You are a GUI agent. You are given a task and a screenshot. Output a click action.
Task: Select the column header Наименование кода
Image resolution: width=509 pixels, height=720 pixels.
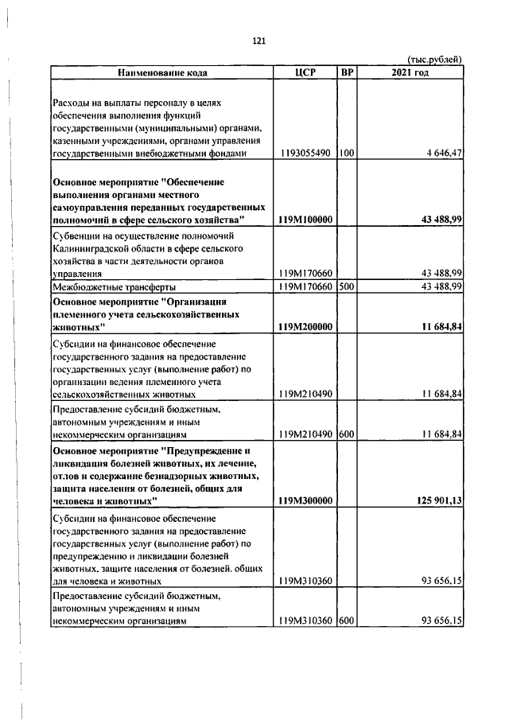(x=162, y=72)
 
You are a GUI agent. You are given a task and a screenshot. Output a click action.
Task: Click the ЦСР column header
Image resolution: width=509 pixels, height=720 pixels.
(x=305, y=72)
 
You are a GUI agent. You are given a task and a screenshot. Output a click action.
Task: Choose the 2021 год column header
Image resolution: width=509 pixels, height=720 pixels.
(x=410, y=72)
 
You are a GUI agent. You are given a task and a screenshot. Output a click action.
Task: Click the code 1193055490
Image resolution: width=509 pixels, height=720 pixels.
(x=306, y=153)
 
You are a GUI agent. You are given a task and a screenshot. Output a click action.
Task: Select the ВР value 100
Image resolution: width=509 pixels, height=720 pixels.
(x=346, y=153)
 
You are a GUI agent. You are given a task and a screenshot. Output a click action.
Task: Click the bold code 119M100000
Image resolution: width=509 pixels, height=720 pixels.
(x=306, y=219)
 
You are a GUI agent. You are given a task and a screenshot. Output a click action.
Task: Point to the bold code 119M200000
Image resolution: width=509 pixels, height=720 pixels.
(x=306, y=327)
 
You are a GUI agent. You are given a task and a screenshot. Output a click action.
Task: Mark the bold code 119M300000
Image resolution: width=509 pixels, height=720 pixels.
(x=306, y=500)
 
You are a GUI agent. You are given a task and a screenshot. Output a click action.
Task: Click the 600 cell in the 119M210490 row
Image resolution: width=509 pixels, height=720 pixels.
(x=346, y=434)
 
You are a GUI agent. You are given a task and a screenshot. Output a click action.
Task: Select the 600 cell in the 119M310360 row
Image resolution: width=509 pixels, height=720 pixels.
(x=346, y=621)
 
